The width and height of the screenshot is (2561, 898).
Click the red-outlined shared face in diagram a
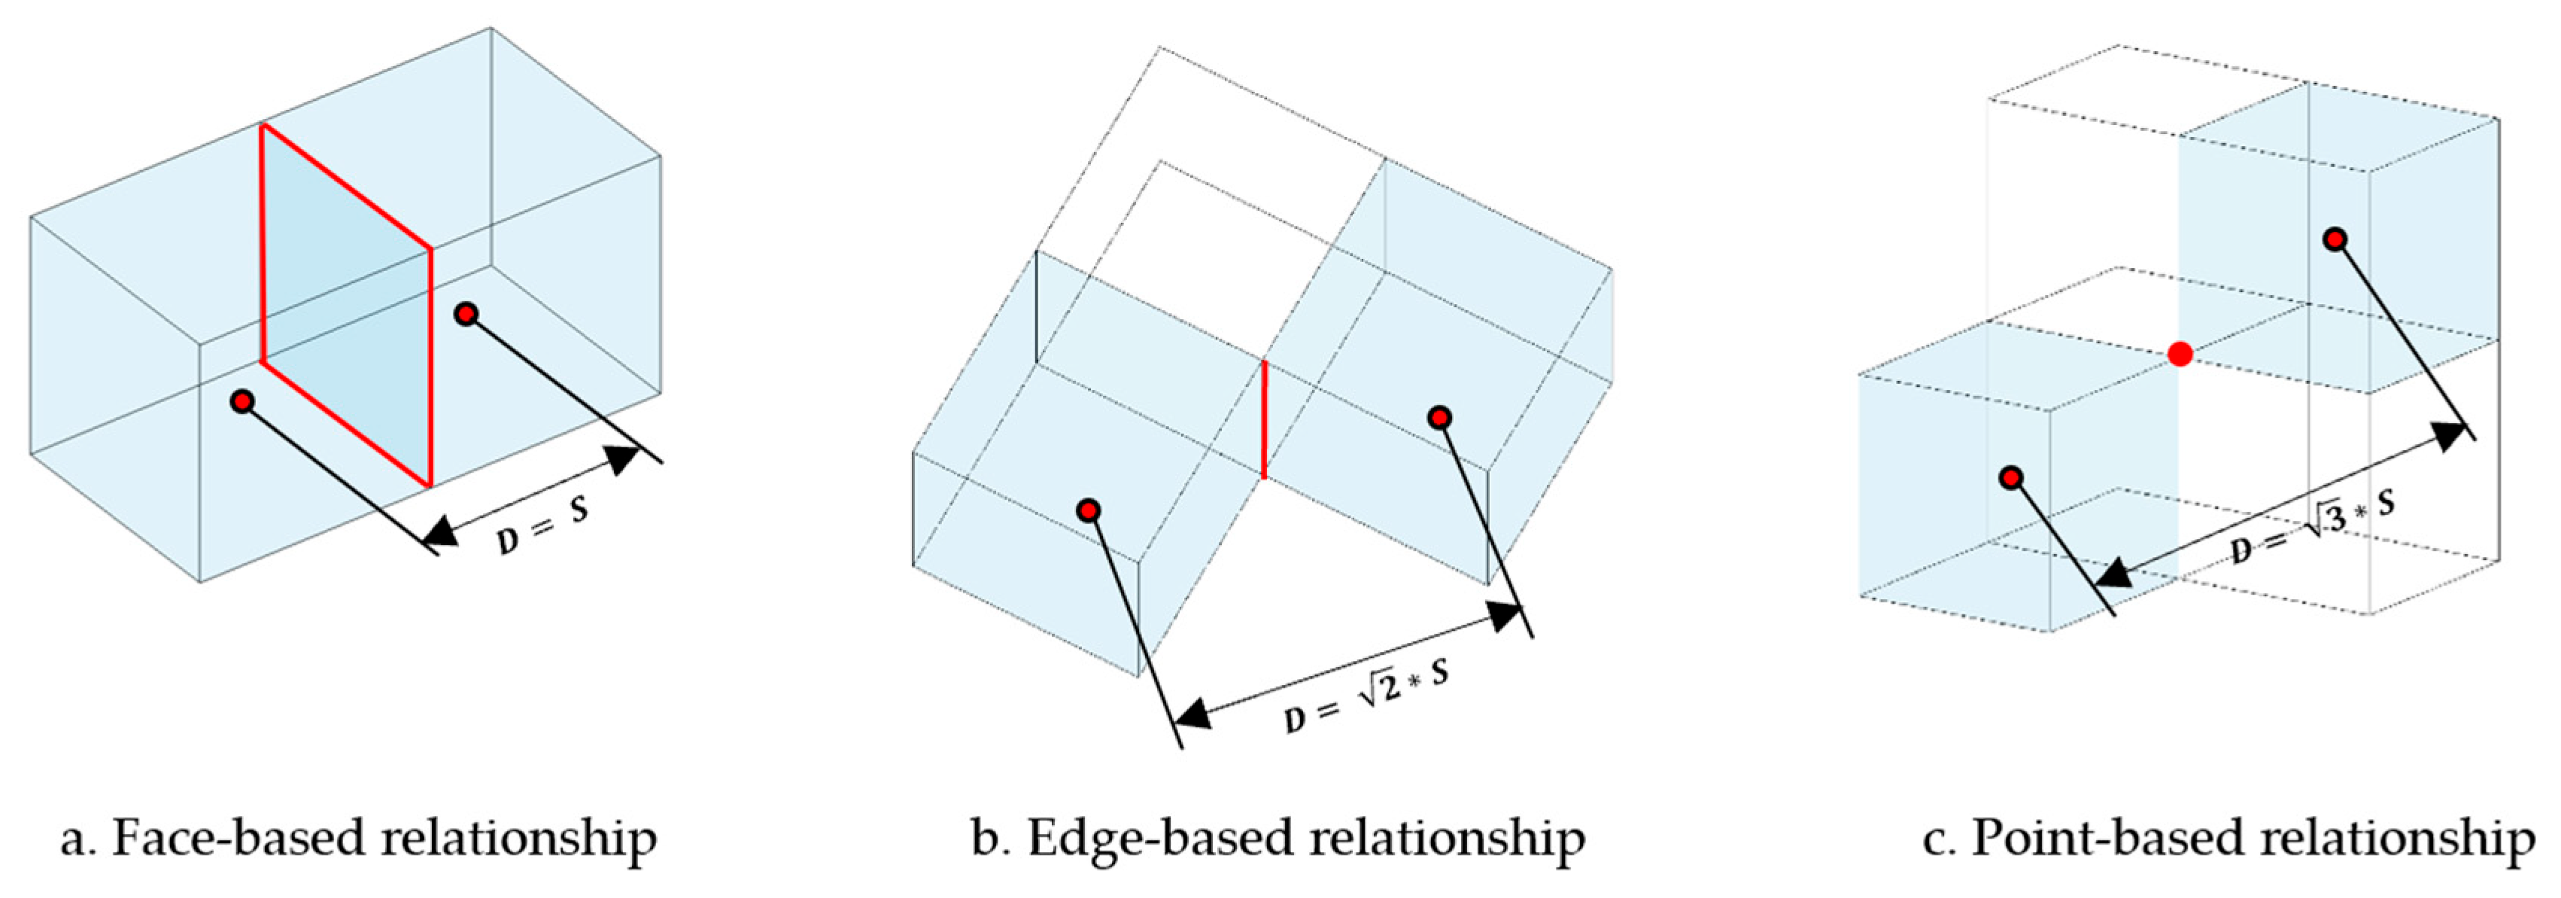pyautogui.click(x=346, y=304)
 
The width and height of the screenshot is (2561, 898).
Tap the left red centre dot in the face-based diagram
pyautogui.click(x=242, y=402)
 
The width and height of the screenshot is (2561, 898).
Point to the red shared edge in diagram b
pyautogui.click(x=1264, y=420)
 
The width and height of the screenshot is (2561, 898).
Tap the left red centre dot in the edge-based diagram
pyautogui.click(x=1089, y=511)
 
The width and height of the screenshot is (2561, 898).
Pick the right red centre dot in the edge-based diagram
pyautogui.click(x=1439, y=418)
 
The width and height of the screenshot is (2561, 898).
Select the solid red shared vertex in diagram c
pyautogui.click(x=2180, y=354)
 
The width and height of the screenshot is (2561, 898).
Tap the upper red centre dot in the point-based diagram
pyautogui.click(x=2335, y=239)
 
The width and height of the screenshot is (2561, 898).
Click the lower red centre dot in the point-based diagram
pyautogui.click(x=2011, y=478)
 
